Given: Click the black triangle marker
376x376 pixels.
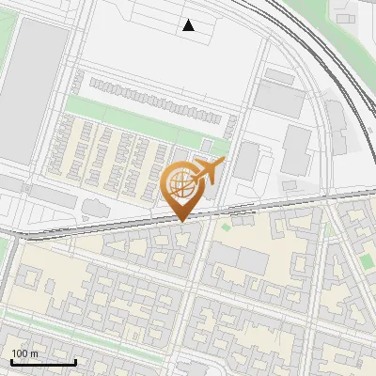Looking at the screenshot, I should point(189,25).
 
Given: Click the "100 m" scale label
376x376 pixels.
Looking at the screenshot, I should point(24,353).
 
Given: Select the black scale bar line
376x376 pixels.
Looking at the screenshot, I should point(43,362).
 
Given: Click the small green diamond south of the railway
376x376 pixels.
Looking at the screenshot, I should point(226,226).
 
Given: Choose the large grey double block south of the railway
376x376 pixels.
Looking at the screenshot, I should point(239,257).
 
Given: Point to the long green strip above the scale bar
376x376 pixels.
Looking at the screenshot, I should point(28,335).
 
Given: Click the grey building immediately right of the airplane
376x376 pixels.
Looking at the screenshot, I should point(246,162).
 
